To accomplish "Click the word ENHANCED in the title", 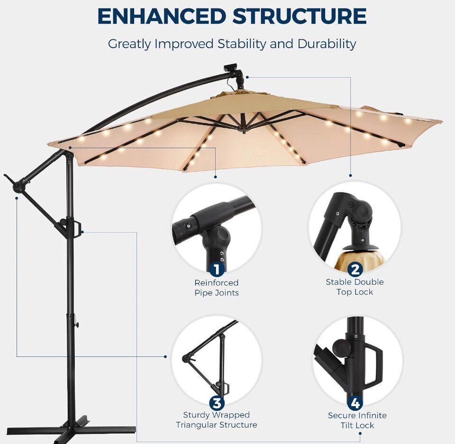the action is pos(162,16).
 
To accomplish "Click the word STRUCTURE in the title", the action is pos(299,16).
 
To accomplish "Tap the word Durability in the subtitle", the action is pos(327,44).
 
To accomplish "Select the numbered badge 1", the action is pos(217,269).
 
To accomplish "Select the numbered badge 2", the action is pos(355,269).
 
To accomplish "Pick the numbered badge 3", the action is pos(217,403).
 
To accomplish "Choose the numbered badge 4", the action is pos(355,403).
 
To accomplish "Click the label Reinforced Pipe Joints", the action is pos(217,287).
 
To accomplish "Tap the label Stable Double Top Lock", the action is pos(355,287).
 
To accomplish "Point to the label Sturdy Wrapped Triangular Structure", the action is pos(217,420).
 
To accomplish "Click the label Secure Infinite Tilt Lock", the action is pos(357,420).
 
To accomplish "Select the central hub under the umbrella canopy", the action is pos(243,127).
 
